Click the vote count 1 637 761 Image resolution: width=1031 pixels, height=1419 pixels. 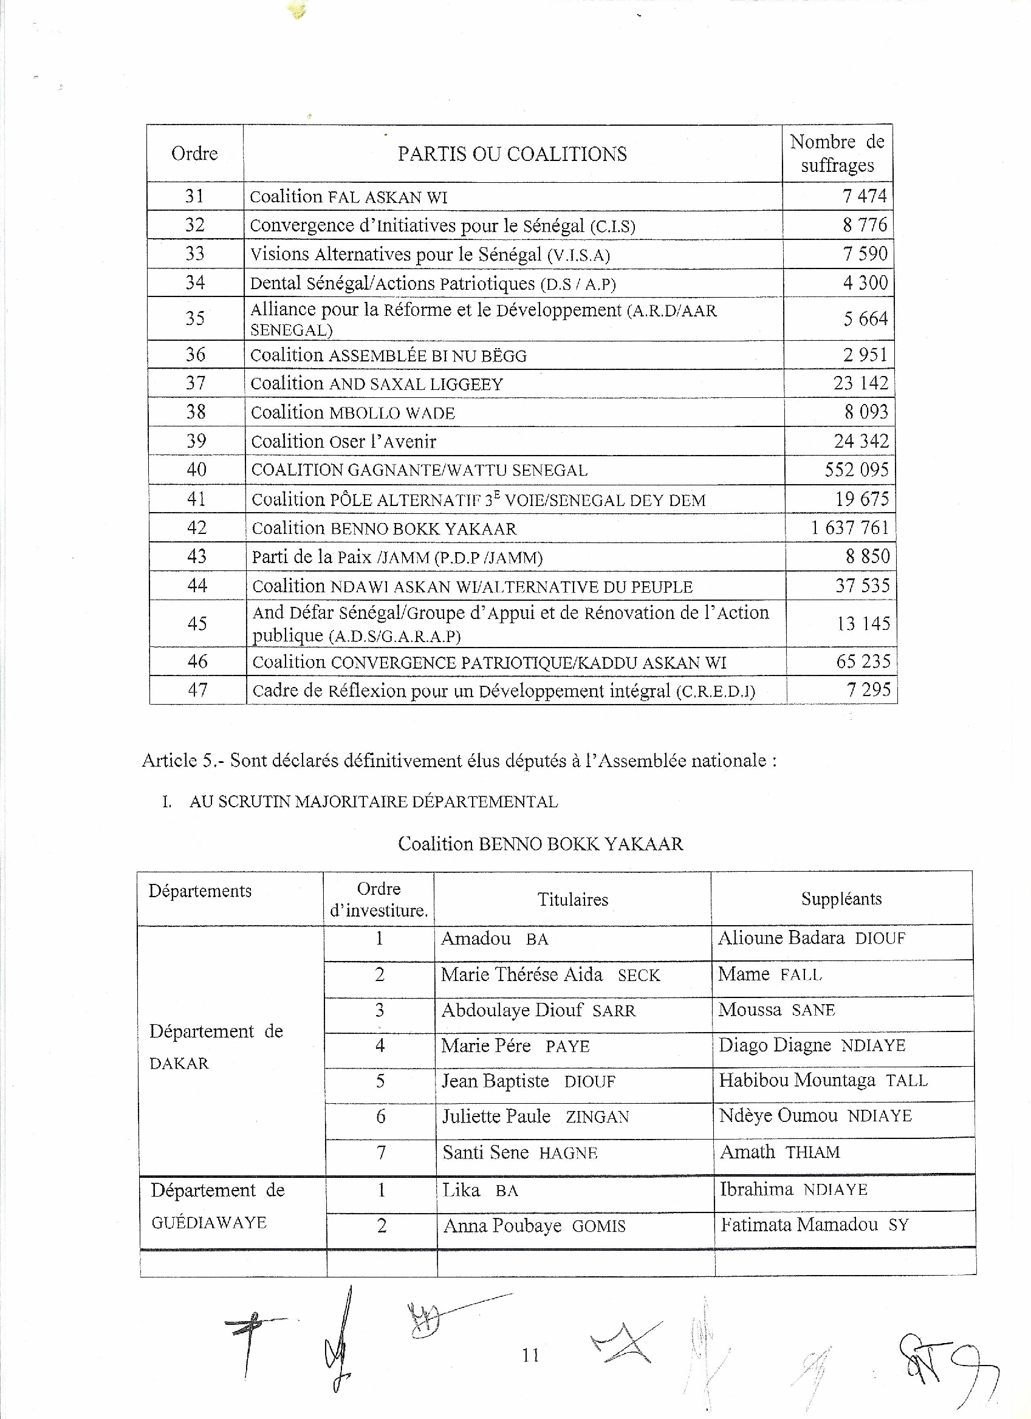[x=849, y=527]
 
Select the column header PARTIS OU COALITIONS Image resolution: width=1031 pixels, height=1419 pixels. [x=512, y=154]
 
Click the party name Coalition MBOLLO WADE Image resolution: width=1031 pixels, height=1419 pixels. [x=352, y=413]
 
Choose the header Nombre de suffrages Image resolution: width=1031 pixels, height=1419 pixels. [x=837, y=153]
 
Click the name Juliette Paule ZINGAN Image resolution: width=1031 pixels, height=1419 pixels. [x=535, y=1117]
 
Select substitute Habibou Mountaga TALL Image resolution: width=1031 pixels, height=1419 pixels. [x=823, y=1081]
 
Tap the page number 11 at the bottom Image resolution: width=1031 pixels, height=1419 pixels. [x=530, y=1356]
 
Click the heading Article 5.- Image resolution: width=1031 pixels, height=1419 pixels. [x=183, y=761]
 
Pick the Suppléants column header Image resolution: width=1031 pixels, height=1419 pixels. [x=841, y=899]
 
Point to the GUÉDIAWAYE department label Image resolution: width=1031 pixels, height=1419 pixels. [x=209, y=1223]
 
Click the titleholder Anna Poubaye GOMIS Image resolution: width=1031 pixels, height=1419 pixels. [x=533, y=1226]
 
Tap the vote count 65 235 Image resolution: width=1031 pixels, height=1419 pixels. [x=863, y=662]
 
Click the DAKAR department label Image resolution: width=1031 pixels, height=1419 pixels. [x=179, y=1064]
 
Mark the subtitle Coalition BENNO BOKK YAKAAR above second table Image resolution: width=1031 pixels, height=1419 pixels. [x=540, y=844]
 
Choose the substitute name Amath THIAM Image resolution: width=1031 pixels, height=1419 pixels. [x=779, y=1152]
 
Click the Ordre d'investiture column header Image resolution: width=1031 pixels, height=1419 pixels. [x=378, y=900]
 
